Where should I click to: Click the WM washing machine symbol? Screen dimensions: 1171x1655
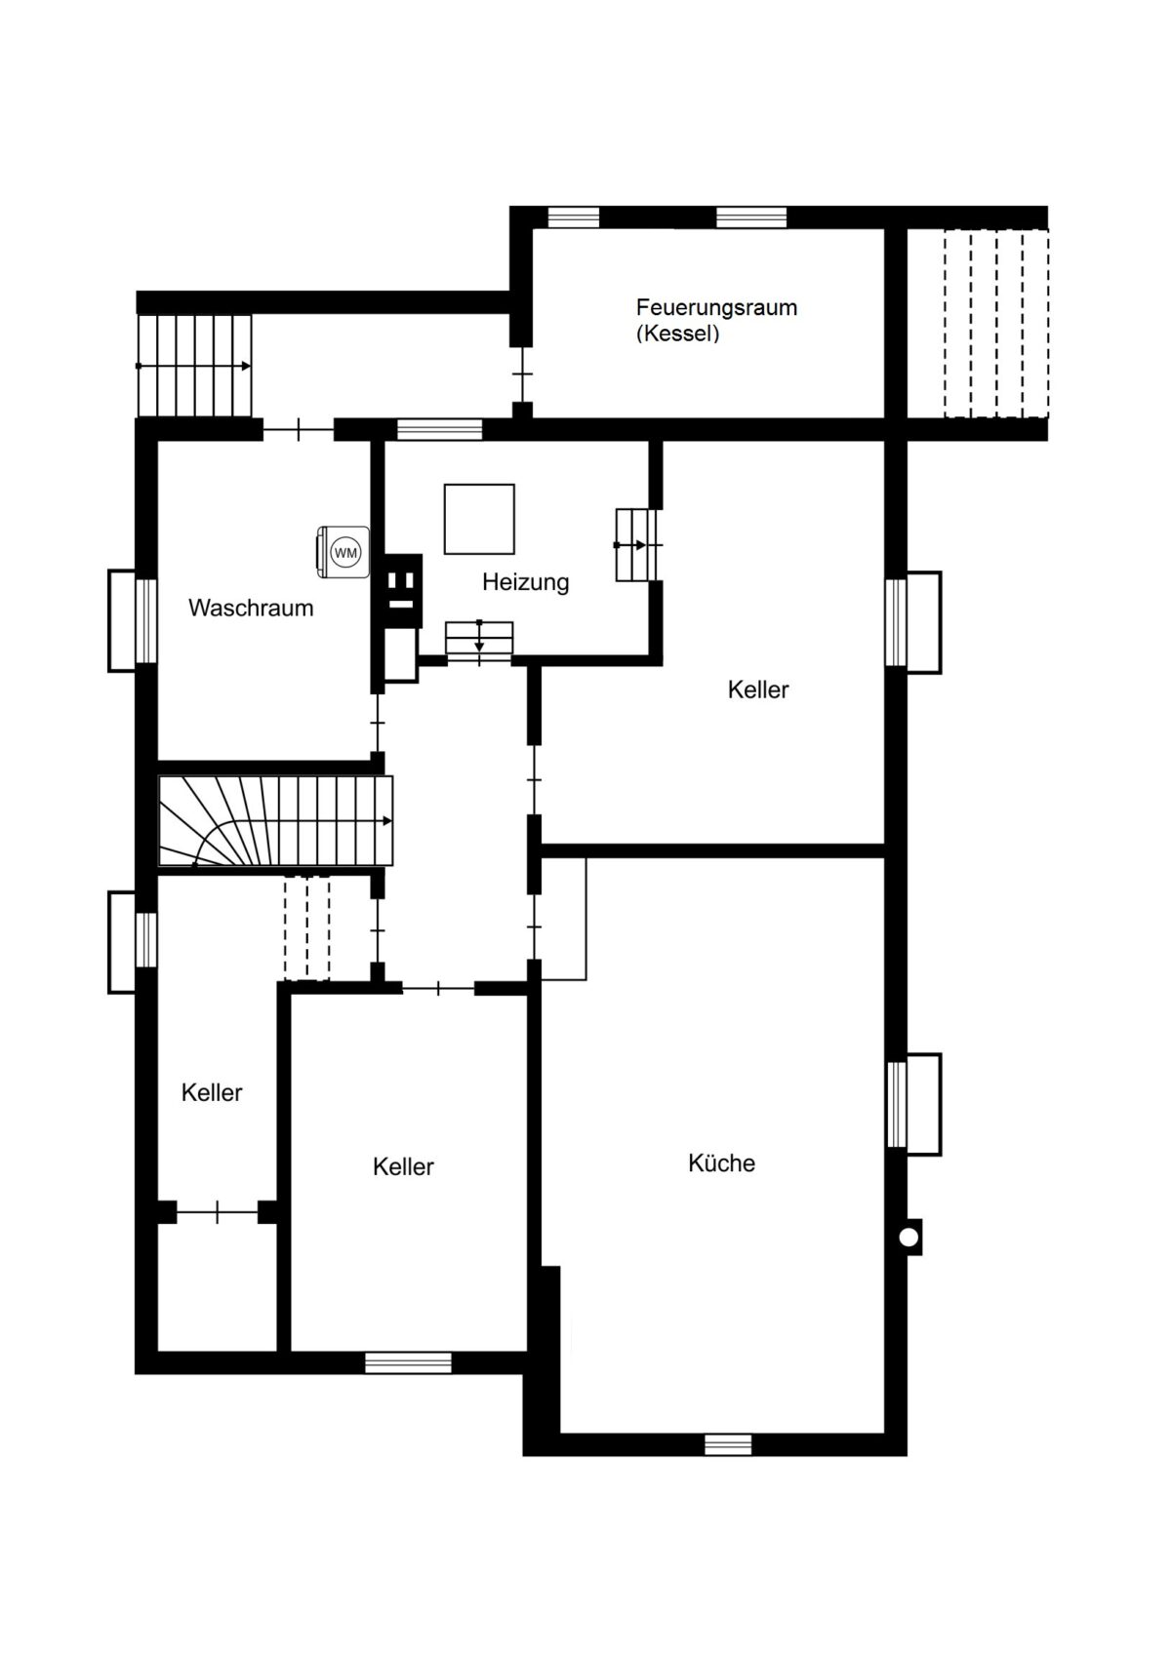click(x=343, y=552)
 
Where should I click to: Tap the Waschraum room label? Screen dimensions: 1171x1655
click(x=252, y=608)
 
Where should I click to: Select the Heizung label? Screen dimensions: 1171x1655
click(x=526, y=583)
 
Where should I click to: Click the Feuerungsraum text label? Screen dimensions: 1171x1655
click(x=717, y=307)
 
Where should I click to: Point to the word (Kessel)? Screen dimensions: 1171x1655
click(x=678, y=334)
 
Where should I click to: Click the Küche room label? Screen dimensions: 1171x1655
click(x=721, y=1163)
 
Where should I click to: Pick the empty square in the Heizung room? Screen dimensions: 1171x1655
click(x=479, y=519)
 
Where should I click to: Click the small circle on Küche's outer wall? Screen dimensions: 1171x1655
click(x=909, y=1236)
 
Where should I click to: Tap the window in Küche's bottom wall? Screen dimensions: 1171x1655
click(x=728, y=1443)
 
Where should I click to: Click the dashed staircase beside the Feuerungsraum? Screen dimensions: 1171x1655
click(x=995, y=324)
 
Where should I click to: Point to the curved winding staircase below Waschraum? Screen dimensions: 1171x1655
click(x=276, y=820)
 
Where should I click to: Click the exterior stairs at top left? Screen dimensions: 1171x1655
click(x=195, y=366)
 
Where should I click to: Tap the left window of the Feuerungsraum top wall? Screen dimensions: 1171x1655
click(x=573, y=217)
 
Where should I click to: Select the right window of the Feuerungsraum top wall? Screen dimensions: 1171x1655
click(x=751, y=217)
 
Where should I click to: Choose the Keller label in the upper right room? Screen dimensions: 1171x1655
click(x=758, y=690)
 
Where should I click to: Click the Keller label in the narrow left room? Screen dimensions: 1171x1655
click(x=212, y=1092)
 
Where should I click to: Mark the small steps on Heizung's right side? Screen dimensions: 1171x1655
click(x=636, y=544)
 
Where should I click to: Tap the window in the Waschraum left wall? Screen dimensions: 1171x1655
click(x=146, y=620)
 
